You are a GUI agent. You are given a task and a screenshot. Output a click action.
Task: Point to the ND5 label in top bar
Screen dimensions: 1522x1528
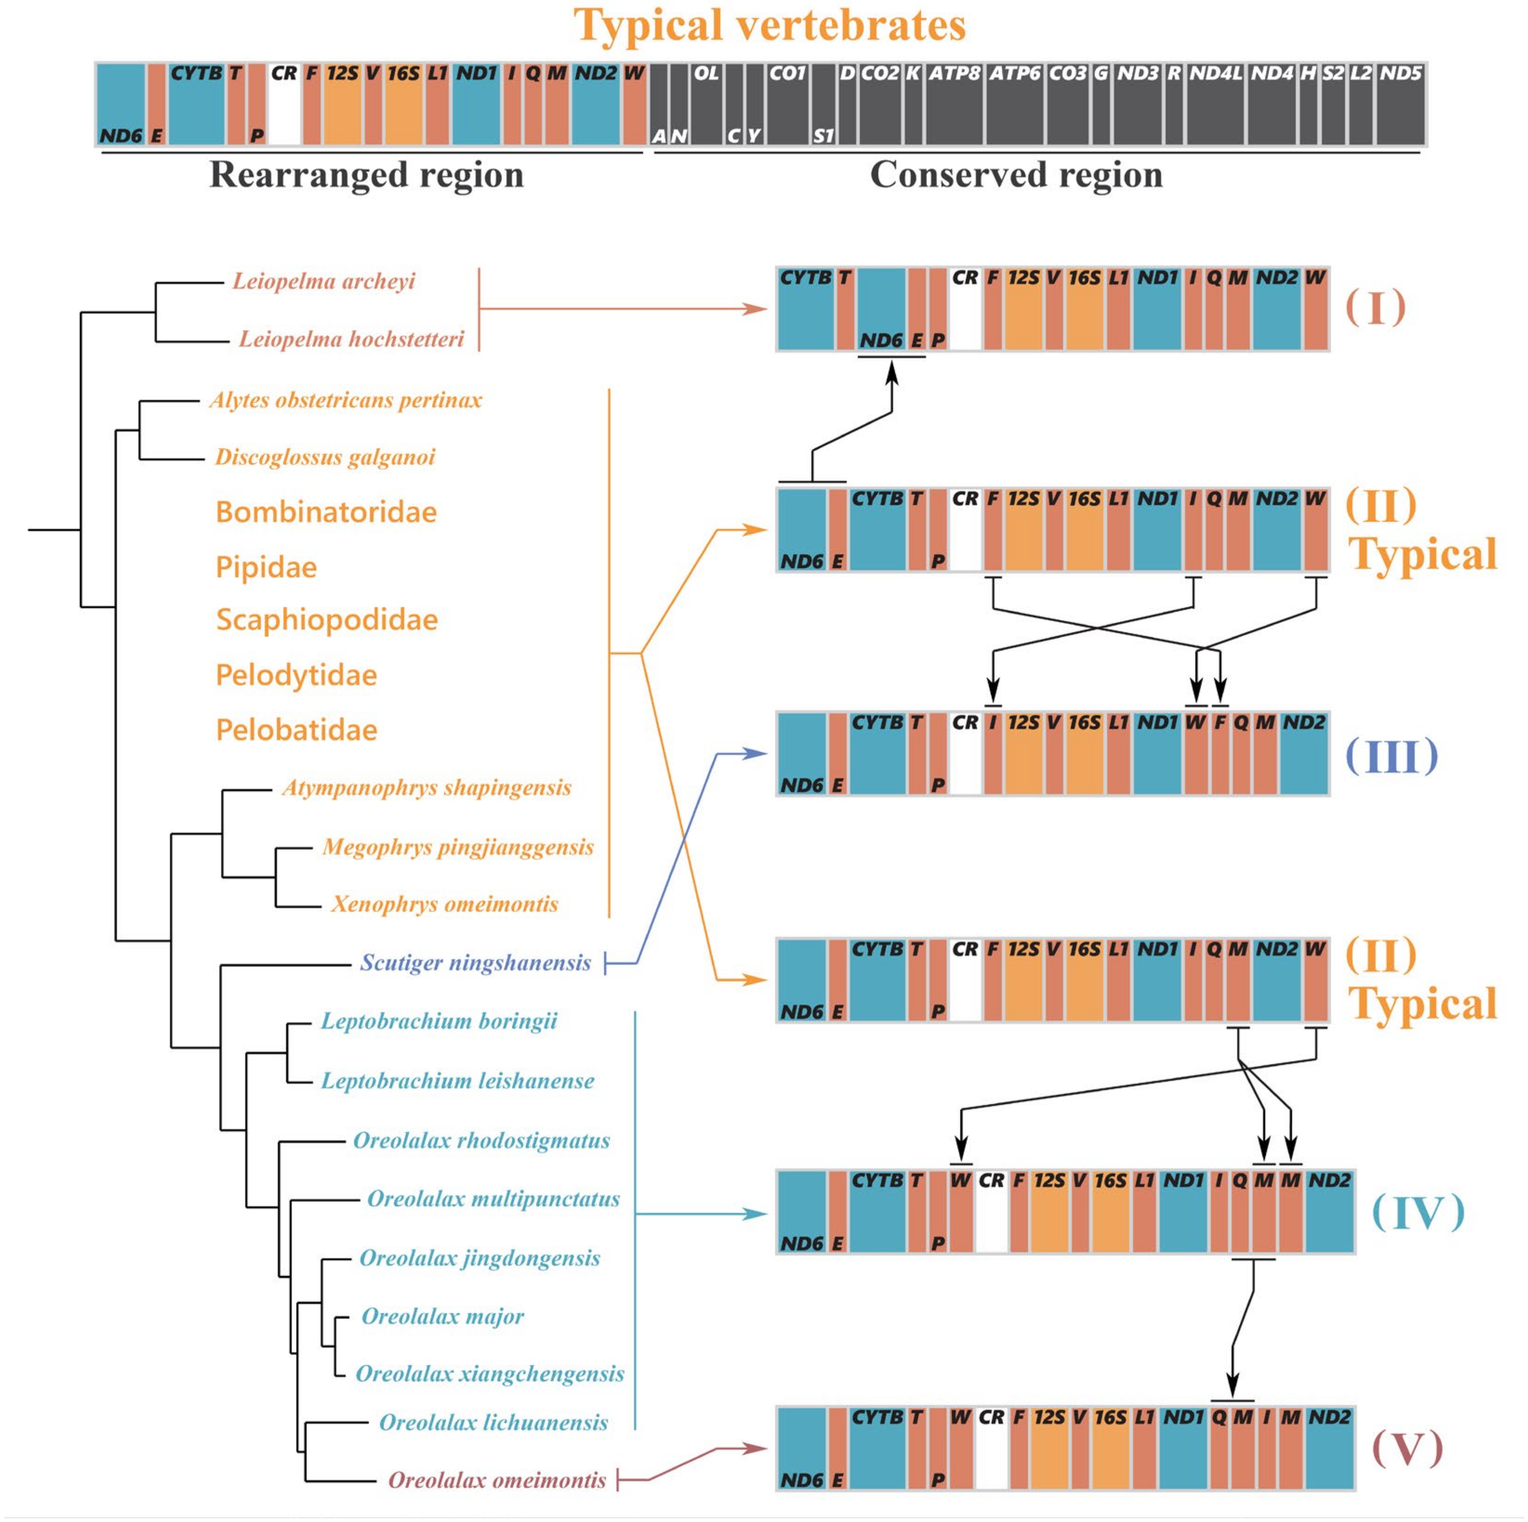coord(1401,73)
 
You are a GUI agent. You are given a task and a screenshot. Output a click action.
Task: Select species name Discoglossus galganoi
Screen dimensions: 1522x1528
coord(325,457)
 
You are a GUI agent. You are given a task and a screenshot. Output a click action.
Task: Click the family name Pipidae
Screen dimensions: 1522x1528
coord(266,567)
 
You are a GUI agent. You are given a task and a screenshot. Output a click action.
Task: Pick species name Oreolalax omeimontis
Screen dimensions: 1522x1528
coord(496,1480)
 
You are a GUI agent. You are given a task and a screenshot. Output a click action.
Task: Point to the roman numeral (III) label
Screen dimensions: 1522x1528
coord(1391,755)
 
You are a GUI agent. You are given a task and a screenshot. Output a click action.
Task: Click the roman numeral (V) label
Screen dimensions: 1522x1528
coord(1407,1449)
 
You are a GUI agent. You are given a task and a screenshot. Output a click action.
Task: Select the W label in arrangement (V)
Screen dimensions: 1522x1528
coord(960,1417)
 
